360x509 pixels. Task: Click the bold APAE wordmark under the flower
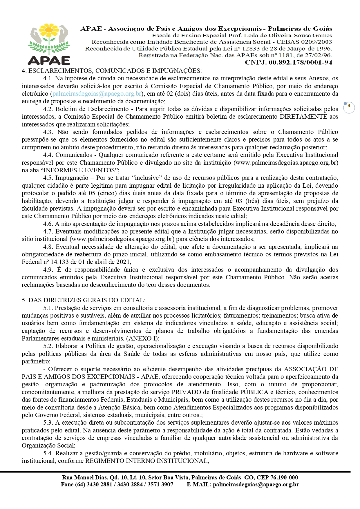click(49, 60)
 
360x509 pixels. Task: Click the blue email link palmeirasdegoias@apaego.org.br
click(97, 94)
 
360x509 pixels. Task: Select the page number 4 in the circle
click(349, 106)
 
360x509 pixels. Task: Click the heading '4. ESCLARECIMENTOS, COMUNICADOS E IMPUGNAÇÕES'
click(112, 71)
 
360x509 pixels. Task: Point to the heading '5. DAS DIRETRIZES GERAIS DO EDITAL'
click(84, 300)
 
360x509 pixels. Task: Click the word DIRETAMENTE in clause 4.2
click(303, 117)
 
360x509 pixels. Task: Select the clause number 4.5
click(48, 178)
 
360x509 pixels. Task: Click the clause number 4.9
click(48, 270)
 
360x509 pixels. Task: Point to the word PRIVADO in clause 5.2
click(186, 392)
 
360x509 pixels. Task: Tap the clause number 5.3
click(48, 423)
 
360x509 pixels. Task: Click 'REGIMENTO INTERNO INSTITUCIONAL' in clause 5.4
click(146, 461)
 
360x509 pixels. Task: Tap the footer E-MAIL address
click(256, 485)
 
